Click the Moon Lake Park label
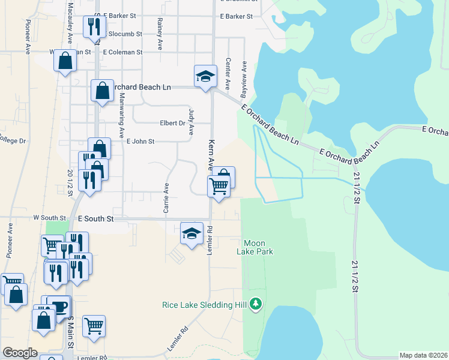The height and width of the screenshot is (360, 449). (x=258, y=247)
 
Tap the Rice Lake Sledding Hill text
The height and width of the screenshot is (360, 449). (x=205, y=305)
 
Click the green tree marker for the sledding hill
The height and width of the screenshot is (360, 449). (x=256, y=304)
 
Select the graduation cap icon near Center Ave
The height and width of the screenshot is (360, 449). (x=205, y=77)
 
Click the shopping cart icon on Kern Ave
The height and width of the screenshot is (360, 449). (x=219, y=186)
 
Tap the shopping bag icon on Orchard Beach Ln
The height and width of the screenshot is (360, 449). (x=102, y=91)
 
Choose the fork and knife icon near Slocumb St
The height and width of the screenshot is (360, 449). (x=95, y=27)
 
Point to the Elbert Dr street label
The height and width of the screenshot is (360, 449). (x=172, y=123)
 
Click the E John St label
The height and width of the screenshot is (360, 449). (x=140, y=142)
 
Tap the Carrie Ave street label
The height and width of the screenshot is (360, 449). (x=166, y=199)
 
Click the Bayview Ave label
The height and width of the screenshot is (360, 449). (x=244, y=79)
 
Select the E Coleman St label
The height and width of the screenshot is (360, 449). (x=122, y=52)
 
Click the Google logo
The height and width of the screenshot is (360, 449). (x=20, y=353)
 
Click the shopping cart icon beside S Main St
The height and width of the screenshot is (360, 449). (x=94, y=326)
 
